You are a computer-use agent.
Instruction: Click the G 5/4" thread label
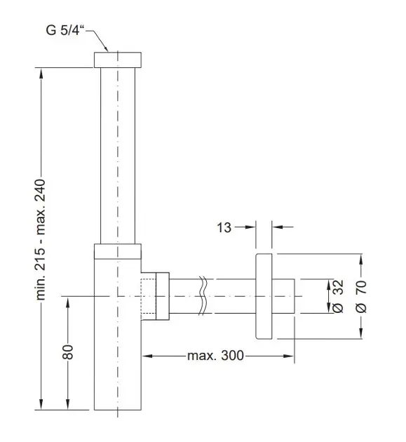point(65,30)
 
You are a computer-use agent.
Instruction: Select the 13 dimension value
point(224,227)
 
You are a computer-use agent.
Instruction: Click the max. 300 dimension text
point(215,356)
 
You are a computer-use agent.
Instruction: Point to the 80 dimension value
point(67,351)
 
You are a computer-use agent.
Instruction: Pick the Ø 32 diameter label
point(338,296)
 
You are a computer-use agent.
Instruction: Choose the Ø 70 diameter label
point(361,296)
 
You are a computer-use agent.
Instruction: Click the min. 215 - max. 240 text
point(41,239)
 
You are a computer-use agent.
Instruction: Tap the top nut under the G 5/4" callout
point(118,60)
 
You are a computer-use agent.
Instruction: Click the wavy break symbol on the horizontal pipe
point(203,295)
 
